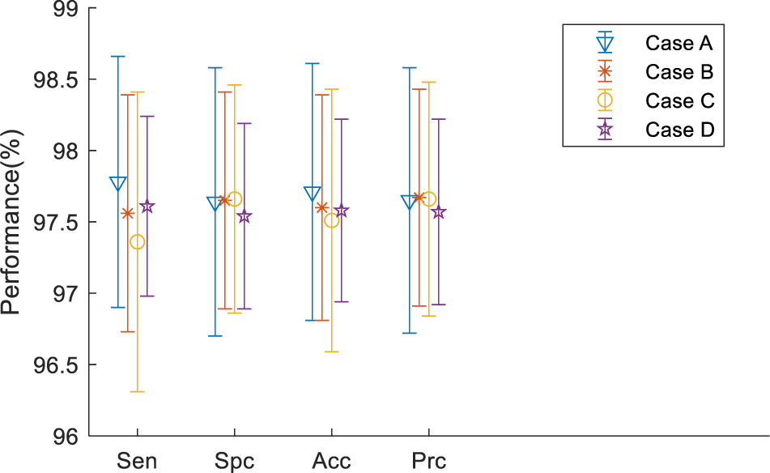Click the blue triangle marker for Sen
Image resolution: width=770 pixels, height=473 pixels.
point(118,184)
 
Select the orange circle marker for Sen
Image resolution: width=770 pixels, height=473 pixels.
point(138,242)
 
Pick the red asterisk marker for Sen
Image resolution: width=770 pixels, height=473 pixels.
point(127,213)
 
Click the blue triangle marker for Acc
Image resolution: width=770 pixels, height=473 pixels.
point(313,194)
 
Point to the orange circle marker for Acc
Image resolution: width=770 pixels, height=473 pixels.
point(332,220)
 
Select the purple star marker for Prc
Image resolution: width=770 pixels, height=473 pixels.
point(439,212)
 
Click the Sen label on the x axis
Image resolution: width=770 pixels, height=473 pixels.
point(137,461)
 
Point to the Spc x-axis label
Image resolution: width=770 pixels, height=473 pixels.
point(235,461)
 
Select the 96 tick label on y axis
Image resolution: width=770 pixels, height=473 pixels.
point(63,437)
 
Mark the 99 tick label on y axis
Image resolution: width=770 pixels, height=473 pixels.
point(63,10)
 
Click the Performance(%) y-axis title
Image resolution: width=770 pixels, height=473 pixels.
point(11,222)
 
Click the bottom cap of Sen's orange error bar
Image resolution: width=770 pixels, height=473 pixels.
point(138,391)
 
